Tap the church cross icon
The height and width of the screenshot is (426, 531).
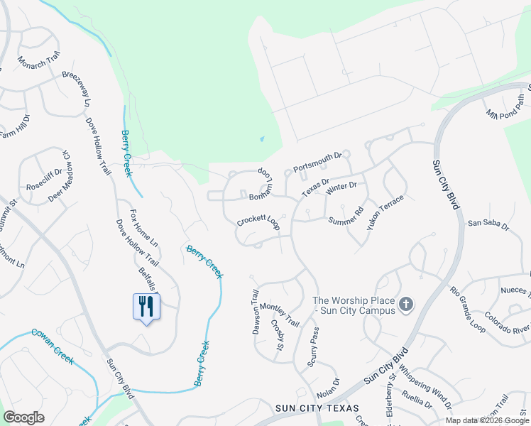(x=406, y=305)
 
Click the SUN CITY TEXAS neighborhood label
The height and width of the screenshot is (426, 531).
(x=316, y=408)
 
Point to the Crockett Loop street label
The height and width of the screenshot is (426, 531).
(x=258, y=221)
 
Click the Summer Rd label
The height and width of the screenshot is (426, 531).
(x=346, y=216)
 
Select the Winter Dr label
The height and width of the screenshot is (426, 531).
(x=341, y=189)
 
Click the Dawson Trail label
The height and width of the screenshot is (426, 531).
(x=256, y=311)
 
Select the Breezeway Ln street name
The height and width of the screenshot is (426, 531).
(x=77, y=88)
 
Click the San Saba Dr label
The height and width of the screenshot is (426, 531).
(x=488, y=225)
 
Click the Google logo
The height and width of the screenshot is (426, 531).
(x=23, y=417)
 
